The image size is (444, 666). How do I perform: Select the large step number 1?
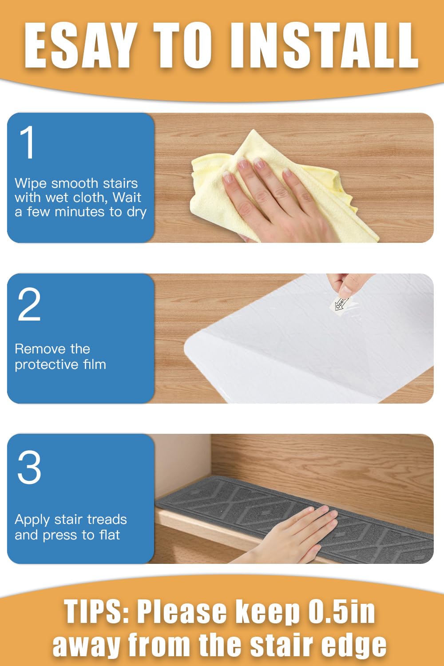27,142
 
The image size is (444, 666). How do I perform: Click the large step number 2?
29,304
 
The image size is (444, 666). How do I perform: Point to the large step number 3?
29,467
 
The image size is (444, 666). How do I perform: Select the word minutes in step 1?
80,212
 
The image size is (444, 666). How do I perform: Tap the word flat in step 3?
110,535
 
